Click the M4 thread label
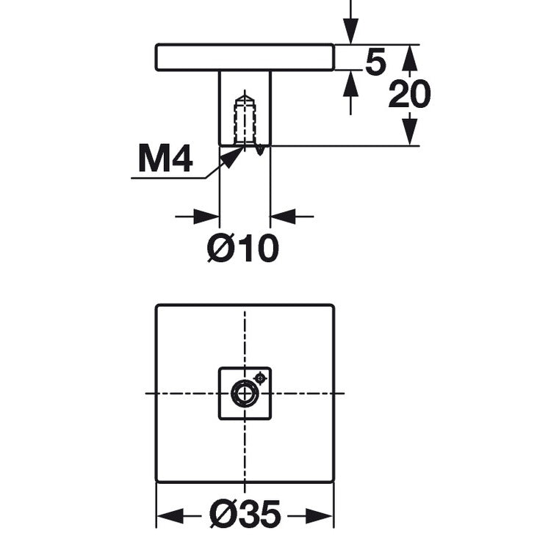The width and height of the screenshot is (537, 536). (x=165, y=159)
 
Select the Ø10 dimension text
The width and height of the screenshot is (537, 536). (x=243, y=250)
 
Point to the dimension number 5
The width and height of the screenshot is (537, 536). (x=375, y=63)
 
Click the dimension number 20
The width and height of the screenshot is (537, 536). (x=409, y=95)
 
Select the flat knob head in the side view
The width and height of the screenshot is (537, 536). (x=245, y=57)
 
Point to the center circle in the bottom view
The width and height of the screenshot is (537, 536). (x=244, y=394)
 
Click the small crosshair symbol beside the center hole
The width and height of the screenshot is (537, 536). (x=259, y=378)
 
